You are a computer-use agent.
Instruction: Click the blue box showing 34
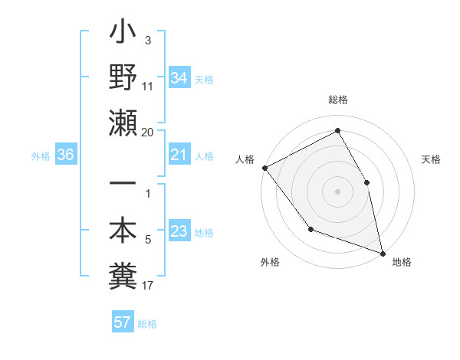click(179, 78)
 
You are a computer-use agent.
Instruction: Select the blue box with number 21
click(179, 155)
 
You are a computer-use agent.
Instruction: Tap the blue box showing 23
click(179, 232)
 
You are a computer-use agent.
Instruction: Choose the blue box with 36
click(66, 155)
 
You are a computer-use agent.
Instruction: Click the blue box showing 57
click(123, 322)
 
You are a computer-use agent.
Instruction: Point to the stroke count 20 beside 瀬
click(148, 133)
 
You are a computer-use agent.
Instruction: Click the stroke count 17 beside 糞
click(148, 286)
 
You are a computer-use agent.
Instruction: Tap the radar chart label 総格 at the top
click(337, 100)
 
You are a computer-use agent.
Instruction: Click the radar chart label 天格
click(431, 159)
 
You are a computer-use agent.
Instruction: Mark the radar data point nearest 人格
click(264, 168)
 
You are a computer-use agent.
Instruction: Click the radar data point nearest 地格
click(383, 252)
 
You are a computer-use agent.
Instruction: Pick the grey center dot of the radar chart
click(337, 191)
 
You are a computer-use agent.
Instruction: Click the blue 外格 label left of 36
click(40, 156)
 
